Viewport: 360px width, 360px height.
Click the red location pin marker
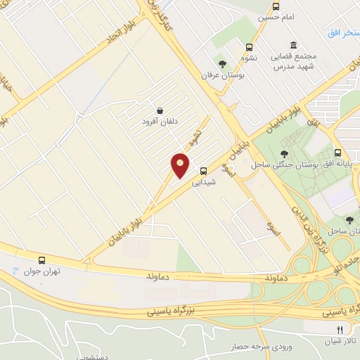click(x=181, y=165)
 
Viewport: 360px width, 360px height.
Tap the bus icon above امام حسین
click(x=275, y=6)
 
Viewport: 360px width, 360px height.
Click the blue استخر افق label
click(x=344, y=33)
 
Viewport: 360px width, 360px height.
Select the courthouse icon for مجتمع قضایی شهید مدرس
click(x=293, y=44)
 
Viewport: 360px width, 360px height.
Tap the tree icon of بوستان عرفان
click(x=222, y=65)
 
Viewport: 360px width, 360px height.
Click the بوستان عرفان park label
click(x=222, y=75)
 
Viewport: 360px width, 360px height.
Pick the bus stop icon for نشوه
click(x=249, y=48)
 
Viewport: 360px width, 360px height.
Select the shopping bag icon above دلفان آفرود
click(x=160, y=110)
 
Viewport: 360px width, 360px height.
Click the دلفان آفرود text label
click(x=160, y=121)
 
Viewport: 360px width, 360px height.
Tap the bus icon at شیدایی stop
click(x=203, y=170)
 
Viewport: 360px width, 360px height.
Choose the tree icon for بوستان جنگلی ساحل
click(x=284, y=154)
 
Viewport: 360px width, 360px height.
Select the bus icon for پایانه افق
click(x=337, y=153)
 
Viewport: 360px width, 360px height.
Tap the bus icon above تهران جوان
click(x=42, y=260)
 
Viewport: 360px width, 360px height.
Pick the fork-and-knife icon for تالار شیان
click(x=340, y=329)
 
